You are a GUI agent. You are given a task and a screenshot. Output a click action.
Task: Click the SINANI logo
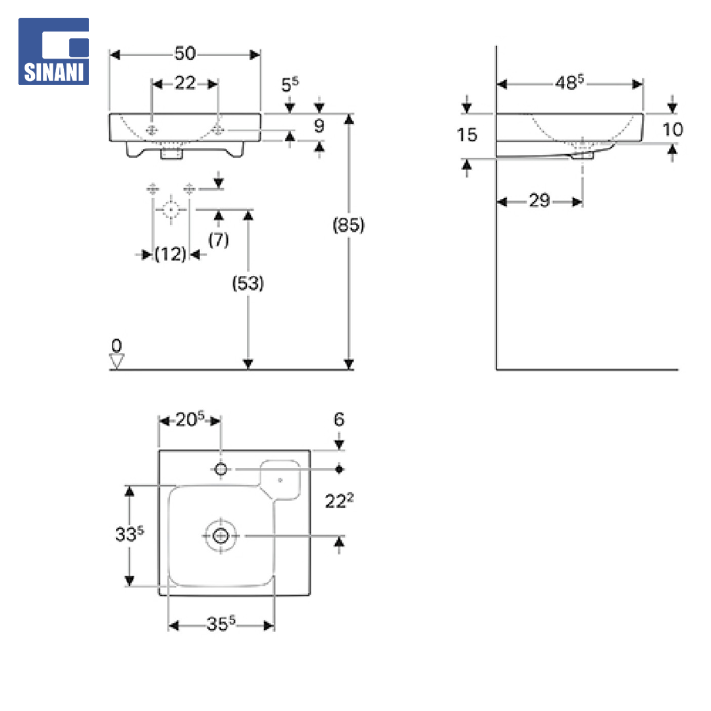pos(53,51)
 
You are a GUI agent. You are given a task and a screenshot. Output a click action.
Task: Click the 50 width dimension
pos(185,53)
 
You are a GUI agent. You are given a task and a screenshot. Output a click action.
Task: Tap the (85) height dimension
pos(348,225)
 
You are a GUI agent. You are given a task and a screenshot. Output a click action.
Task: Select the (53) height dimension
pos(248,283)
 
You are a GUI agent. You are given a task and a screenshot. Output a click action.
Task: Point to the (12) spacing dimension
pos(170,254)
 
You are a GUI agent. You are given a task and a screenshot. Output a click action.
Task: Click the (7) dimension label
pos(219,240)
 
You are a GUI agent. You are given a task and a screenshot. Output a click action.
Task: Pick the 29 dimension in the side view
pos(539,200)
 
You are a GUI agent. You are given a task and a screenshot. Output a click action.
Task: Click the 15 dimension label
pos(467,135)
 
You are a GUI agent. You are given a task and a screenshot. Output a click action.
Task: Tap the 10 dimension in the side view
pos(672,130)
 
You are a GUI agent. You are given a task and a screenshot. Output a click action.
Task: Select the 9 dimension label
pos(319,126)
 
